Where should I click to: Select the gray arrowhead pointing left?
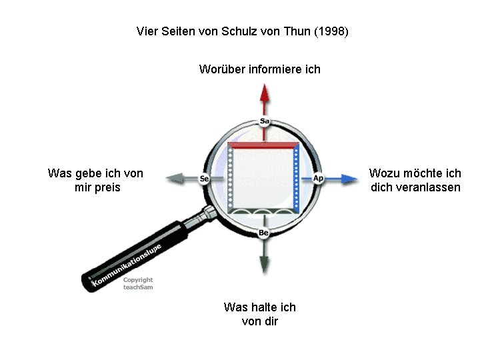coord(173,179)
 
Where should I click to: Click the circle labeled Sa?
coord(265,121)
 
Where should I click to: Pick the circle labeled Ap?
coord(318,179)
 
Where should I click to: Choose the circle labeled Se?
coord(205,179)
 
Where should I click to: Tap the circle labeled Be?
coord(264,233)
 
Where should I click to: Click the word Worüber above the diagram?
coord(223,69)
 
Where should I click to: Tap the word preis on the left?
coord(107,187)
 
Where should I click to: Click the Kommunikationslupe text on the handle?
coord(127,265)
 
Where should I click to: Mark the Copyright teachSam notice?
coord(138,283)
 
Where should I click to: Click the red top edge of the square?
coord(263,145)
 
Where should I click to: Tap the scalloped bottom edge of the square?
coord(263,211)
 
